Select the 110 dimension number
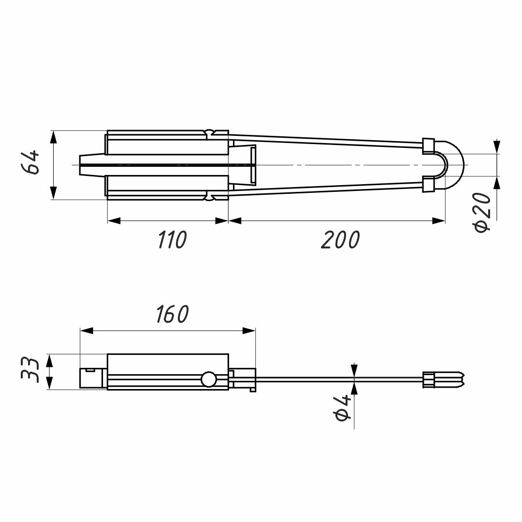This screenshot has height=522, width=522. [x=172, y=240]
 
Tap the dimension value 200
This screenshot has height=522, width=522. [x=341, y=240]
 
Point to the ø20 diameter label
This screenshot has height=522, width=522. [x=482, y=212]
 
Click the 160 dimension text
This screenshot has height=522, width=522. [x=173, y=314]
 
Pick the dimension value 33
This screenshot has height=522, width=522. [x=30, y=370]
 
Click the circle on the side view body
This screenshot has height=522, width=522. [x=208, y=379]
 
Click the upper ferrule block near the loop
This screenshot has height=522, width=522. [x=428, y=146]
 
